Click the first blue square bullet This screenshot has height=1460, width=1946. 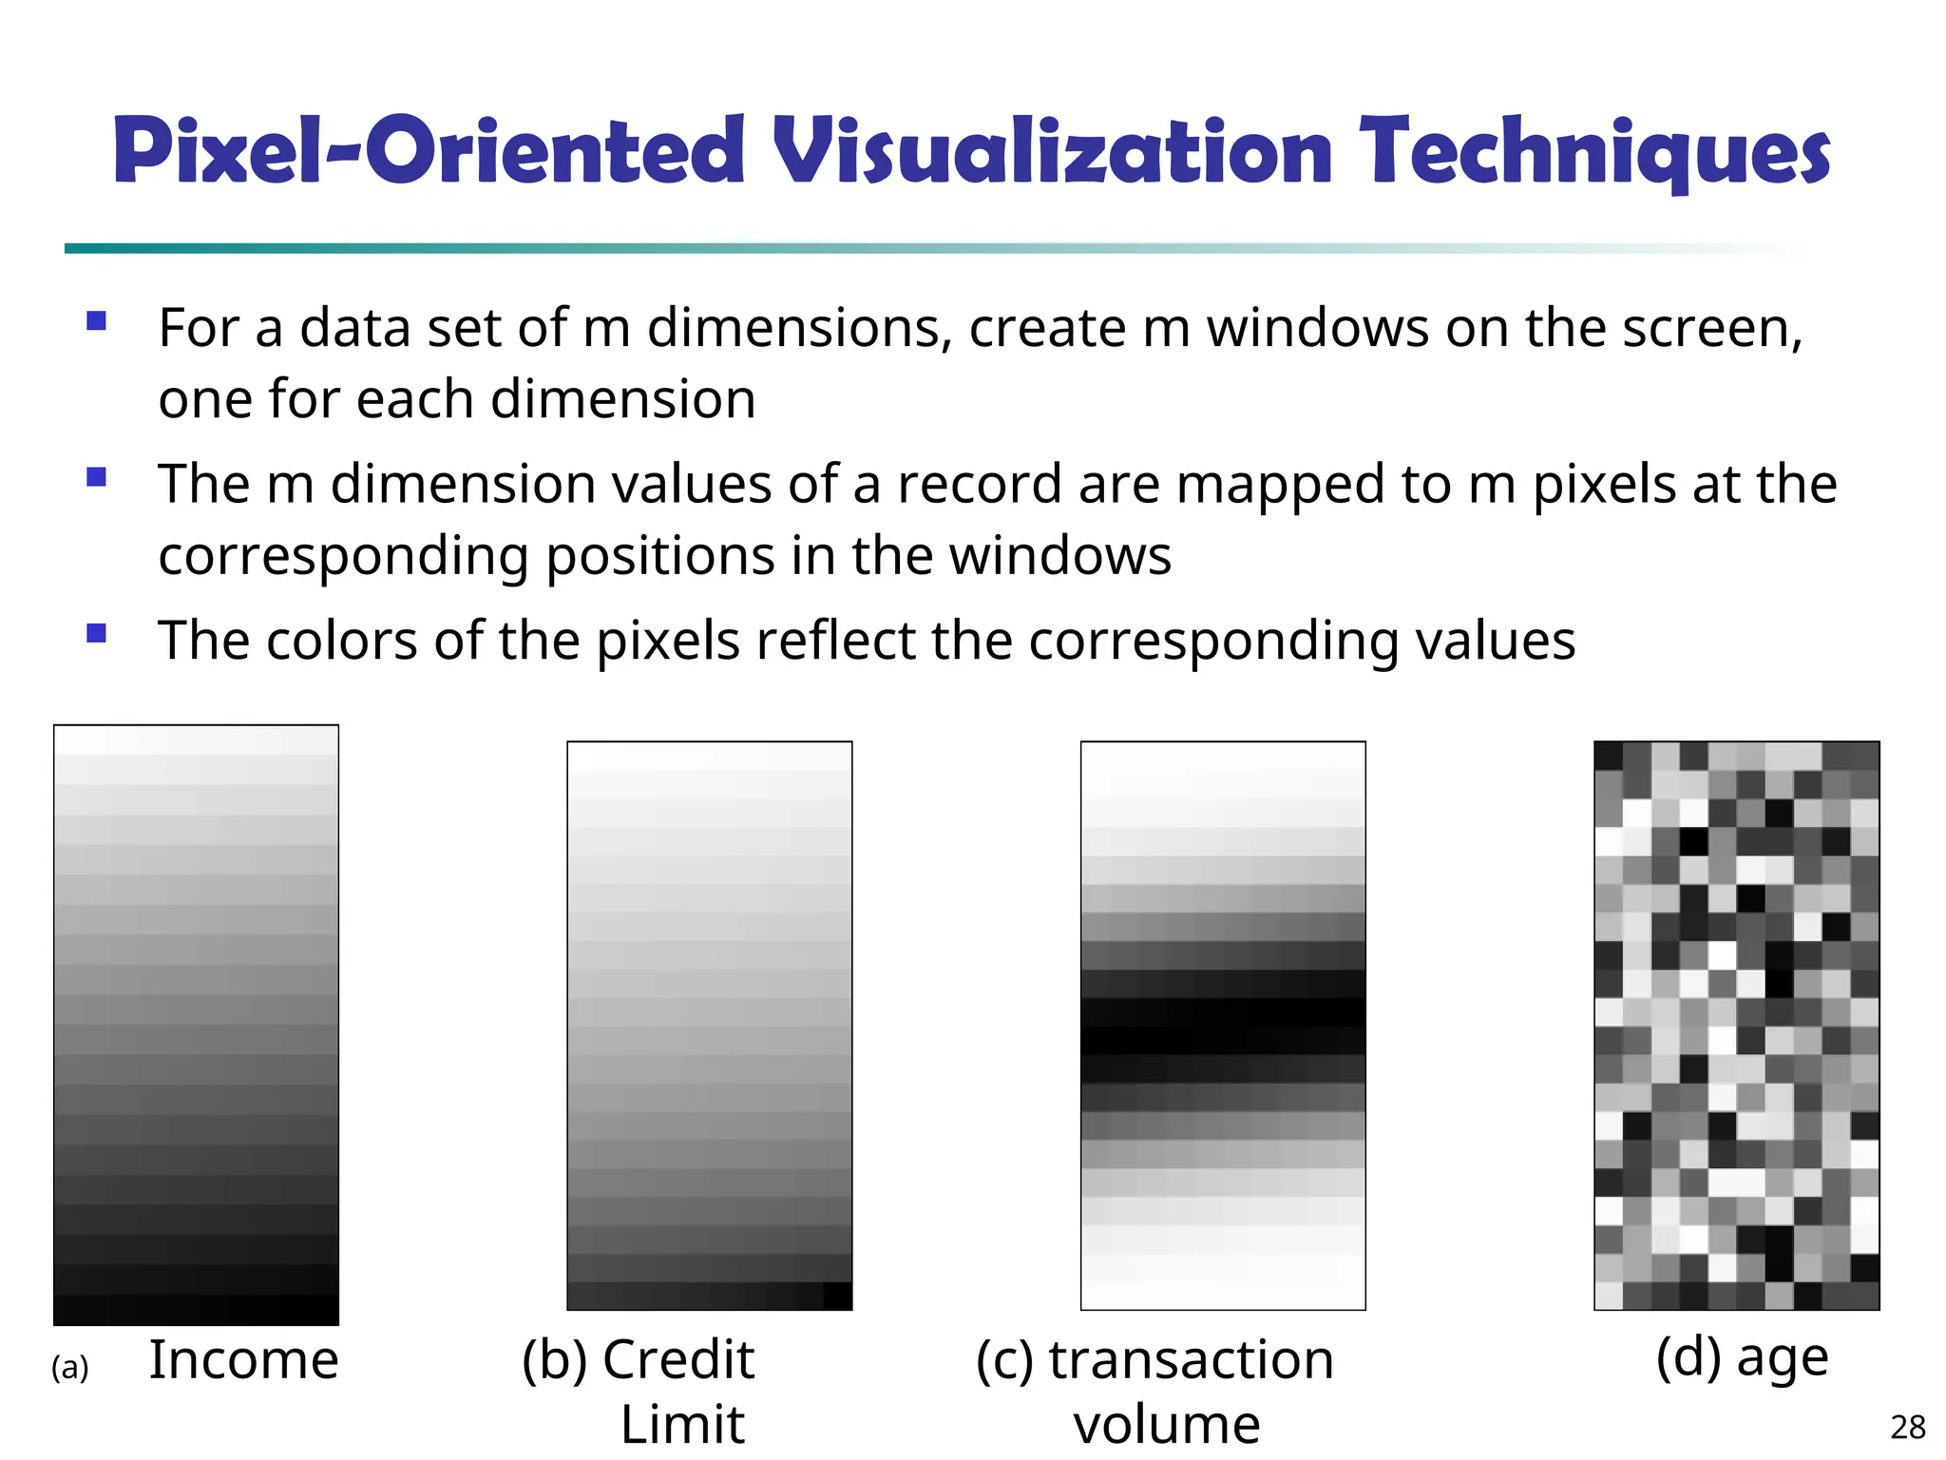(96, 320)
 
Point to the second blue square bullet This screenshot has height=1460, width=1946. (96, 476)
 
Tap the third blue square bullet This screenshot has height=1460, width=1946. (96, 633)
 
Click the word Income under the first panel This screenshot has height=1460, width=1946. (244, 1359)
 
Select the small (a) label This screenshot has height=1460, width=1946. (69, 1368)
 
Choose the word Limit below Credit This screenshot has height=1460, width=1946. (682, 1424)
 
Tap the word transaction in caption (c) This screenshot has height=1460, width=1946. (1192, 1359)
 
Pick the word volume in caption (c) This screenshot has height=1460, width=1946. (1167, 1424)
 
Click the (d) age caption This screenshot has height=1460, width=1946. (1742, 1357)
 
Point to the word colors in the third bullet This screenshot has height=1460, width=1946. (342, 640)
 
